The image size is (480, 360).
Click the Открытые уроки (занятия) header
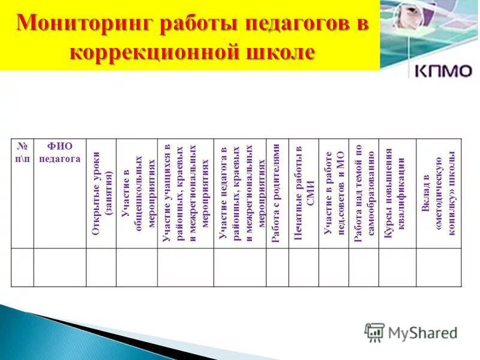[101, 191]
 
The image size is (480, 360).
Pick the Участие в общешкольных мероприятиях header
[136, 191]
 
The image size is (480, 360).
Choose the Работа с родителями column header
[277, 191]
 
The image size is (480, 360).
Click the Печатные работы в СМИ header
[303, 191]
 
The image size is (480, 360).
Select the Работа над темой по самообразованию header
[364, 191]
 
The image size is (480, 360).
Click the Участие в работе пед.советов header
[334, 191]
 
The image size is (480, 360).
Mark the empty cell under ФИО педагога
[59, 267]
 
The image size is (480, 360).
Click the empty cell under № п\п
[22, 267]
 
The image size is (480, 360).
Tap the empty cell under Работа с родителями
[277, 267]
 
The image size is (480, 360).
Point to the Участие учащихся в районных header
[185, 191]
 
